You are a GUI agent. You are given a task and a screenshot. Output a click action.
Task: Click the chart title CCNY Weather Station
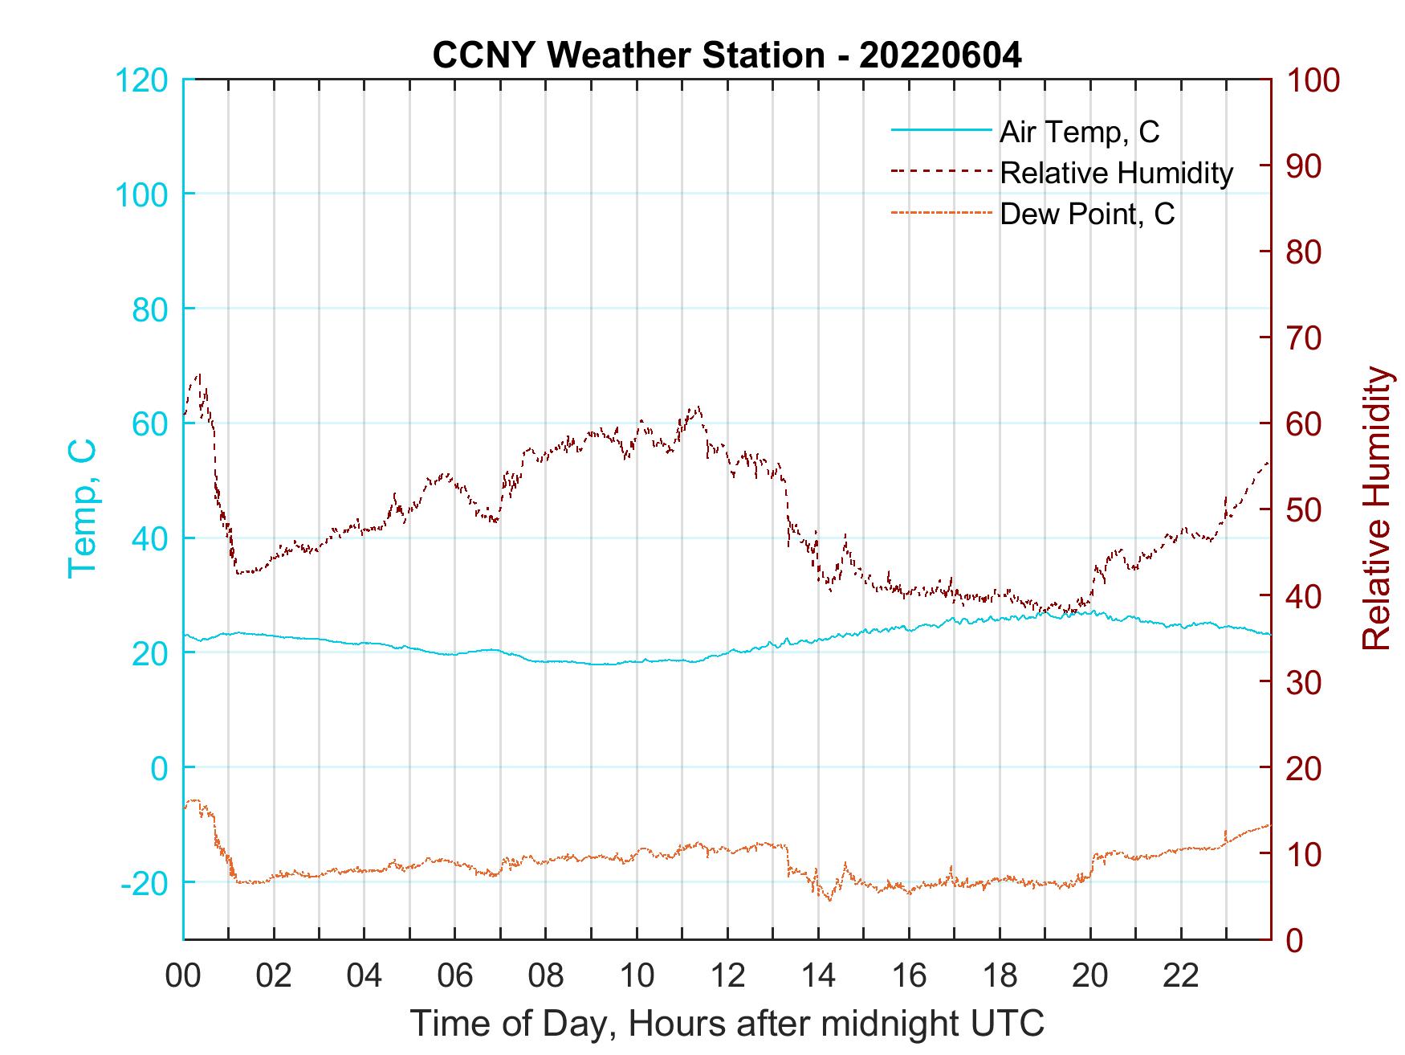727,55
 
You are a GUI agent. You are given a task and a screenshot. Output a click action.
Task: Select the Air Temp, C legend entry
1078,132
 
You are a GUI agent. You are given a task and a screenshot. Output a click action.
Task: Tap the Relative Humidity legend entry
1116,173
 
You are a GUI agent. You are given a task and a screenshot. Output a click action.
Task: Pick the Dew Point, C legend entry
1086,214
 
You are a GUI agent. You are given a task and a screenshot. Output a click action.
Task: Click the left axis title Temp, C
82,508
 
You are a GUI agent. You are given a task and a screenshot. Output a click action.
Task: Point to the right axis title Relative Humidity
1377,508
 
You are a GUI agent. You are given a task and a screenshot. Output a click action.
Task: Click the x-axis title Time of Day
727,1024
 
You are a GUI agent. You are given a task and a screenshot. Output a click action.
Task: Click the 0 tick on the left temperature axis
161,768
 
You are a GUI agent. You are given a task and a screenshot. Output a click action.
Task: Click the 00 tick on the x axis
183,976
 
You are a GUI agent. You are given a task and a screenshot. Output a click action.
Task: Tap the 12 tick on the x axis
727,976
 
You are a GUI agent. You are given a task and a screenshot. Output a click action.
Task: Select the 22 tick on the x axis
1181,976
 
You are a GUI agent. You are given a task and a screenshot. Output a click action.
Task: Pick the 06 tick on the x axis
455,976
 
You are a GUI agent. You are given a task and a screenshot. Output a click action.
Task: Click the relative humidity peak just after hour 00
198,374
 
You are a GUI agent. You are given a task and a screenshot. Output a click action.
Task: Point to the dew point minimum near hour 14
829,900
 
